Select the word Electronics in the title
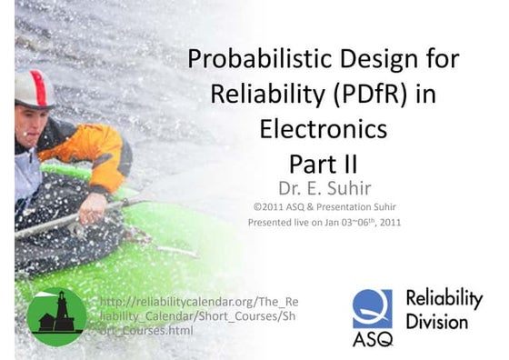[x=323, y=128]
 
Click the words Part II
[x=323, y=163]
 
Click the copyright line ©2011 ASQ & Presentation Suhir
[x=323, y=206]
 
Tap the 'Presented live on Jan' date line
[x=324, y=221]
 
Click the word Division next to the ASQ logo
[x=436, y=322]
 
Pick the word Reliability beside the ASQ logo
[x=444, y=299]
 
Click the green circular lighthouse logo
[x=56, y=317]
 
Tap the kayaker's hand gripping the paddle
[x=93, y=208]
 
